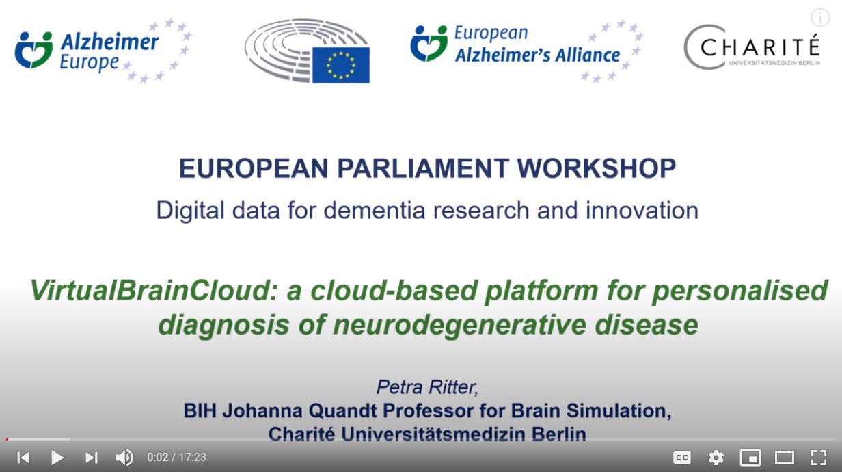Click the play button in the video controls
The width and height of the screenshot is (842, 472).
[57, 458]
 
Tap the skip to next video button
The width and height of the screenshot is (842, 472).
[91, 458]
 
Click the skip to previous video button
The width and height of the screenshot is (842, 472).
[23, 458]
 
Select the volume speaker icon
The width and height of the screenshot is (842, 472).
[124, 458]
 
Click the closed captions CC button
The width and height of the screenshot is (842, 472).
[681, 458]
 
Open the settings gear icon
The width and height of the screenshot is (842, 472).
[716, 458]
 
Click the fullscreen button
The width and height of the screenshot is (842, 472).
[818, 458]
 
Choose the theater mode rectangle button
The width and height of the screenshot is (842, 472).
[784, 458]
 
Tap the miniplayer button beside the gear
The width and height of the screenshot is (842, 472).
[750, 458]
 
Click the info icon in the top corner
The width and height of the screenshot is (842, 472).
[819, 18]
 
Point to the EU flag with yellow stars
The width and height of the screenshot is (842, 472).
[341, 65]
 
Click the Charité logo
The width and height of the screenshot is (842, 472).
[752, 48]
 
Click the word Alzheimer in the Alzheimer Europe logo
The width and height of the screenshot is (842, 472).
[109, 43]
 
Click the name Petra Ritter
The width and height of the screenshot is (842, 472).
[427, 387]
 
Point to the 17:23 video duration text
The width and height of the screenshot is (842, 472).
[193, 458]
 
